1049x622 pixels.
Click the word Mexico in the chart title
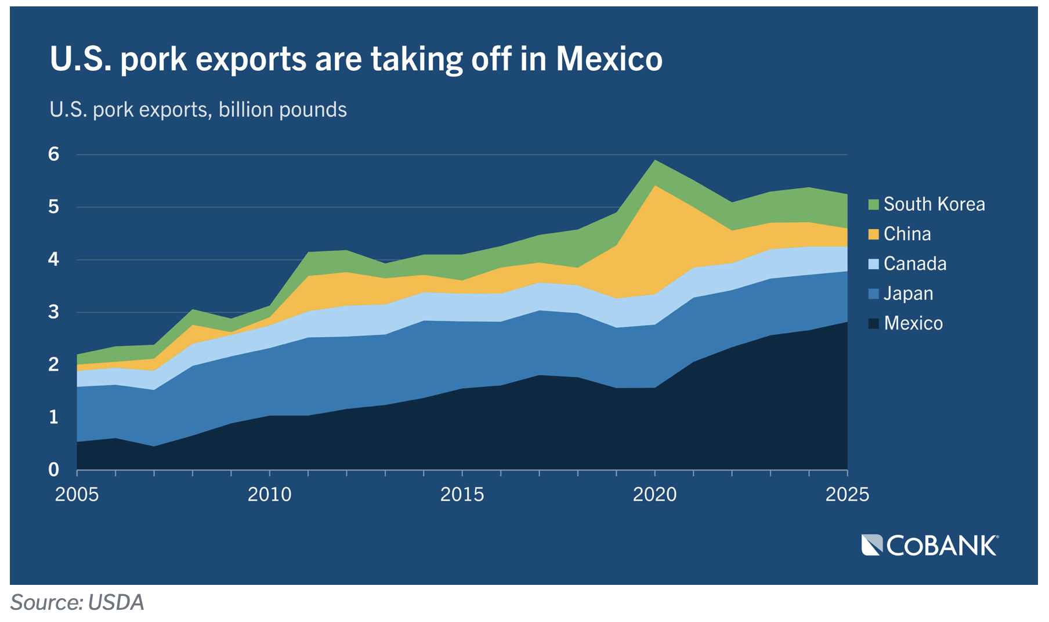(609, 59)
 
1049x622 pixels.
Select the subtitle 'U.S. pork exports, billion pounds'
(198, 110)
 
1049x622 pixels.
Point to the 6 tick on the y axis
(54, 154)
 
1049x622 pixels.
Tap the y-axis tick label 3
(54, 312)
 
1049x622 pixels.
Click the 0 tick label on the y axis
(54, 469)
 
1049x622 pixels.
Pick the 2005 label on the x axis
(77, 494)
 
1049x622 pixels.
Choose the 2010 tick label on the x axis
(269, 494)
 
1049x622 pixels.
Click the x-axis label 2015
(462, 494)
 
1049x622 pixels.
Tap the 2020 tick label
(654, 494)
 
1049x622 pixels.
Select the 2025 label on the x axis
(847, 494)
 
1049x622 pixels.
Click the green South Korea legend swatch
(873, 204)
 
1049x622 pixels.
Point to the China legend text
(907, 234)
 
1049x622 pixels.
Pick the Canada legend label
(915, 264)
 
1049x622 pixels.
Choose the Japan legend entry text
(908, 294)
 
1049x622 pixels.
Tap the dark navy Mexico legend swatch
(873, 323)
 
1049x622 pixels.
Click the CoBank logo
(930, 545)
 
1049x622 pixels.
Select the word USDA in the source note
(116, 603)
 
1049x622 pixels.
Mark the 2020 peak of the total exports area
(655, 161)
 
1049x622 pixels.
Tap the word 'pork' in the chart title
(154, 59)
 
